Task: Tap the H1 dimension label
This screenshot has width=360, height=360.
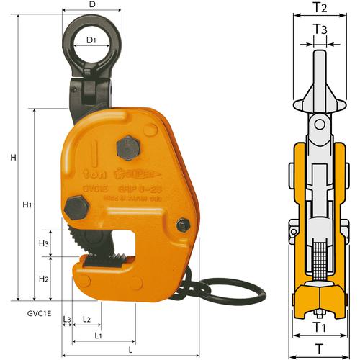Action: tap(27, 205)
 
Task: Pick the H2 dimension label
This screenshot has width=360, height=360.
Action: tap(43, 278)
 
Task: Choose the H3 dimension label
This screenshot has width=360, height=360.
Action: tap(43, 244)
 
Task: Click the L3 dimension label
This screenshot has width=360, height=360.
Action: tap(67, 318)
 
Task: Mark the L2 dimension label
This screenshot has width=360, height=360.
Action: tap(86, 318)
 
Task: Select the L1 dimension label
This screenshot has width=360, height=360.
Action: tap(99, 335)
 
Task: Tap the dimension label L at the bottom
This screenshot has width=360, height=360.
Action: tap(138, 348)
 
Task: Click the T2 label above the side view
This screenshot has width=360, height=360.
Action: tap(322, 9)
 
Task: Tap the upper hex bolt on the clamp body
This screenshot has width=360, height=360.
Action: tap(127, 148)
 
